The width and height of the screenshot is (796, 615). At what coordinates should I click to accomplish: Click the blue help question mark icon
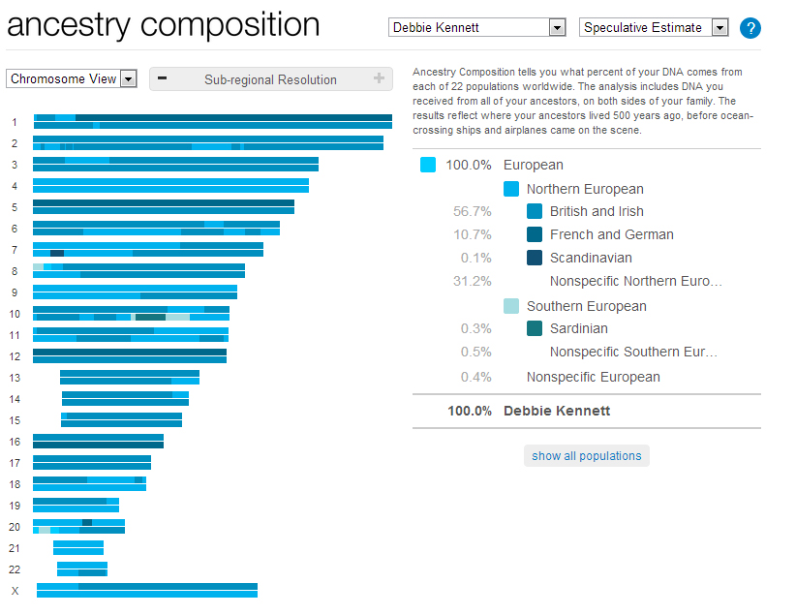750,28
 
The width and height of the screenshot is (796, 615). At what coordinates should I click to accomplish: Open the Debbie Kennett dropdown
476,28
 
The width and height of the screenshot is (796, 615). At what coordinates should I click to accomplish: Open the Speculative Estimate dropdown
653,28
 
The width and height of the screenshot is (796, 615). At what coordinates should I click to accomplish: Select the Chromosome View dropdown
72,79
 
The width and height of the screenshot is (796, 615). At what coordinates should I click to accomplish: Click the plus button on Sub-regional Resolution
379,79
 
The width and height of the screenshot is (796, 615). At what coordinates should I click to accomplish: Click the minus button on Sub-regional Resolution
162,79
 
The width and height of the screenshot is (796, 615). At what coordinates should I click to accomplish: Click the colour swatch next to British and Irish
535,211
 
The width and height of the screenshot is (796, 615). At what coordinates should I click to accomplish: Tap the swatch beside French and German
535,234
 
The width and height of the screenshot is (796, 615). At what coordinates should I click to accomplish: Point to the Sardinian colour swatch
535,329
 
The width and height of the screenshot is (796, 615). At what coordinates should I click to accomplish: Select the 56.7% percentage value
472,211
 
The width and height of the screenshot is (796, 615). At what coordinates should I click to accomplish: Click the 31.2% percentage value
472,281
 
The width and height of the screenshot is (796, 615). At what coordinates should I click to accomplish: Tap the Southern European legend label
586,306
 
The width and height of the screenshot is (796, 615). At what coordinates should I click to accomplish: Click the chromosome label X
15,591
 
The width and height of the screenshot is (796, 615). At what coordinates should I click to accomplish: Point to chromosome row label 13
15,378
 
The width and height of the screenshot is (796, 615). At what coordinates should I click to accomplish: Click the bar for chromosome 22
81,569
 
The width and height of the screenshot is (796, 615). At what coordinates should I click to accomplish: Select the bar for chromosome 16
98,442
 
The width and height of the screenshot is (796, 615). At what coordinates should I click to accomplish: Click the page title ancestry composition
163,25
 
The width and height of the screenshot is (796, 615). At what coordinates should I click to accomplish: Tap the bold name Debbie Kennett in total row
557,411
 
